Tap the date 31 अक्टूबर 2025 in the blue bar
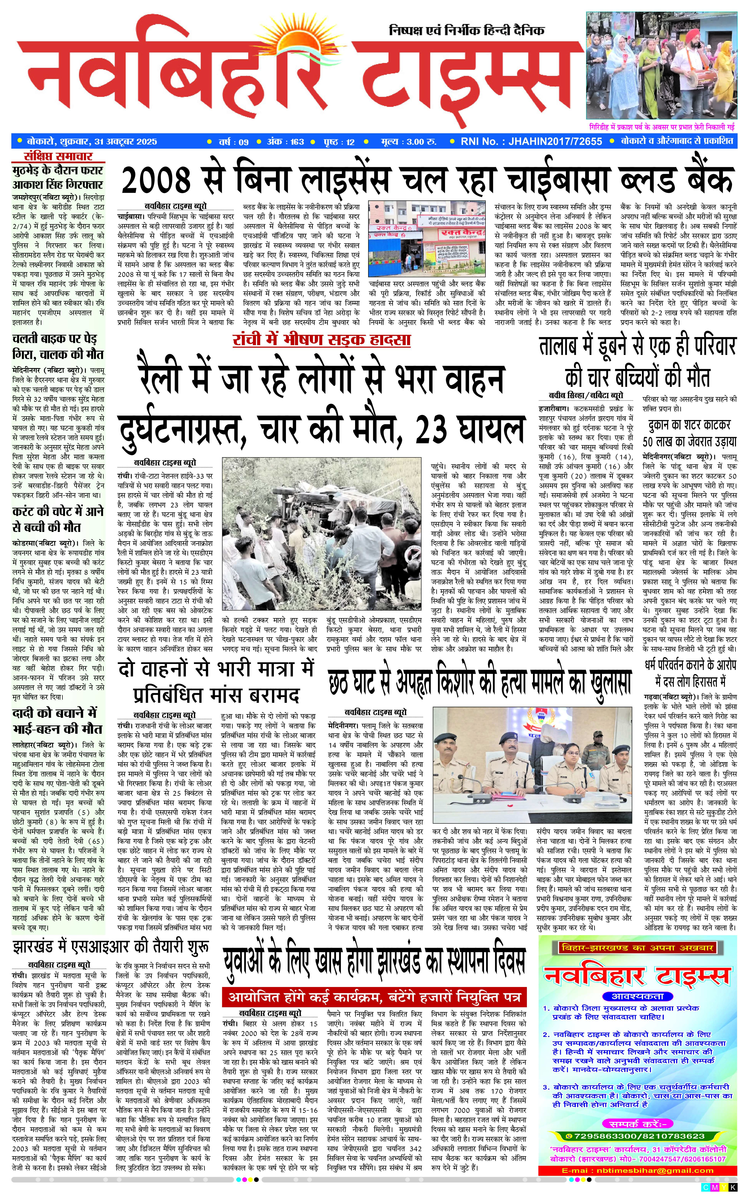pyautogui.click(x=125, y=141)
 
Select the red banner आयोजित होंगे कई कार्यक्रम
pyautogui.click(x=374, y=996)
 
